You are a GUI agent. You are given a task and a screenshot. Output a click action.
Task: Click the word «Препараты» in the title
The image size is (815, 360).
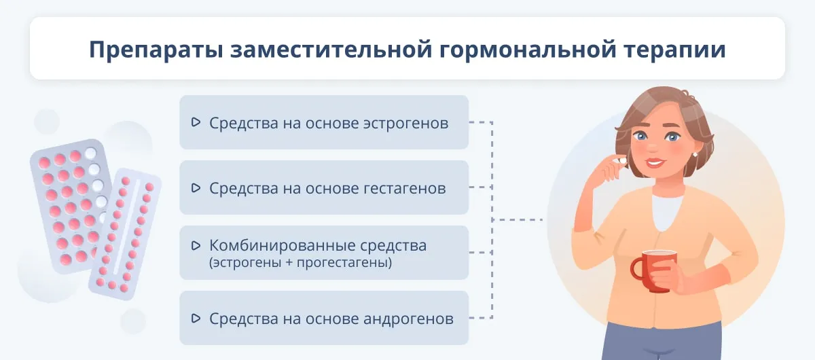[x=156, y=50]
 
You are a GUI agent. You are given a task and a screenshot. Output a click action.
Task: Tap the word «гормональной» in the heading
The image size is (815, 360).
[x=528, y=50]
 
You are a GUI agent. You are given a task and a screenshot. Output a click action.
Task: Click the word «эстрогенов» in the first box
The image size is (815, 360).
[x=405, y=124]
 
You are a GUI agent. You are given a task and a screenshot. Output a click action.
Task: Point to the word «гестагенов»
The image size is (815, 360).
[x=398, y=189]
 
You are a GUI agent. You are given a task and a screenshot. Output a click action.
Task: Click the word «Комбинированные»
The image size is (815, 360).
[x=281, y=246]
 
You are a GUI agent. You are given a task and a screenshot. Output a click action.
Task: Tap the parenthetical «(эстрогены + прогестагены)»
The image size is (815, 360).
[x=300, y=262]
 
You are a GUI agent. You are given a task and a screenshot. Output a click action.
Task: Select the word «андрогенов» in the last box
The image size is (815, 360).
[x=408, y=319]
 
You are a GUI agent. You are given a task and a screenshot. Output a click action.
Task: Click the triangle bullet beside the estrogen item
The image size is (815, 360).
[x=196, y=122]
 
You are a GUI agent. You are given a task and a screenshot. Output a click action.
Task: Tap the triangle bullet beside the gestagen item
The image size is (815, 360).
[x=196, y=188]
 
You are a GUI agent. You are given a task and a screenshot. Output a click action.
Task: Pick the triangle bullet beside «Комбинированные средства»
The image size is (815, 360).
[x=196, y=246]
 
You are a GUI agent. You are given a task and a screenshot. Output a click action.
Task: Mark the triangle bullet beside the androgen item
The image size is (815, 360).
[x=196, y=319]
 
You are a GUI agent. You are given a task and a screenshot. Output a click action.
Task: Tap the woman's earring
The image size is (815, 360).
[x=695, y=154]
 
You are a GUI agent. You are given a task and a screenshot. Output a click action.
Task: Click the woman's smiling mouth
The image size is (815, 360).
[x=655, y=162]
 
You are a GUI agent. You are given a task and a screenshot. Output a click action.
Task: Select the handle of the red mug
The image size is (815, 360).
[x=638, y=270]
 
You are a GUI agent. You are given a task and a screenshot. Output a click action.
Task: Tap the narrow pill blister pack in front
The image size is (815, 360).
[x=125, y=234]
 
